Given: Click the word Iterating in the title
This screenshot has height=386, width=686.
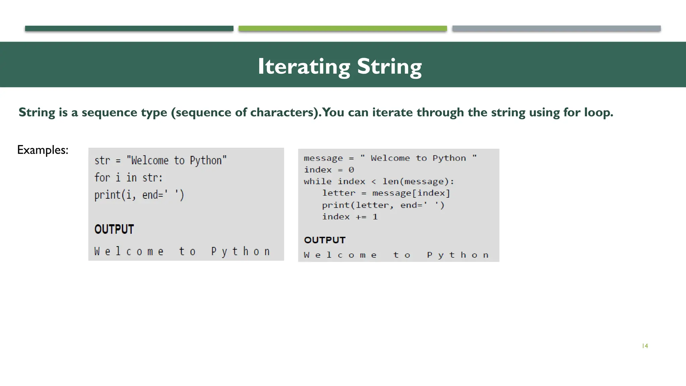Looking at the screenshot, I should coord(303,66).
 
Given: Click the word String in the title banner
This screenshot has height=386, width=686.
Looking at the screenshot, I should coord(389,66).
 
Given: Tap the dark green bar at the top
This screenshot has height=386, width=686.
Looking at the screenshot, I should coord(129,28).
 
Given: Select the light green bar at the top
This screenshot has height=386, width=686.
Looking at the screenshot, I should coord(342,28).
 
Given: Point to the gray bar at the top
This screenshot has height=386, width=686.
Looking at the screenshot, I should coord(556,28).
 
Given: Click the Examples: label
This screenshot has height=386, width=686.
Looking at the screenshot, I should coord(43,150).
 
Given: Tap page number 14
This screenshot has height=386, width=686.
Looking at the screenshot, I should coord(645,346).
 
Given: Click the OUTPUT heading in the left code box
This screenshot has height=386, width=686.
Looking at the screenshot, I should coord(114,230).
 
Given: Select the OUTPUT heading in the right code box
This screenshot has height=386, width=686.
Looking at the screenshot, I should coord(325,240).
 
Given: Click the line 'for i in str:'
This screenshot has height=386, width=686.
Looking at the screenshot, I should coord(128,178).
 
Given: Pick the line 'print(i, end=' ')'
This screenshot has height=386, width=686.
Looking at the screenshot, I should coord(139,195).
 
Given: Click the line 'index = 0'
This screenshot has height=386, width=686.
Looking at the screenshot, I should coord(329,170).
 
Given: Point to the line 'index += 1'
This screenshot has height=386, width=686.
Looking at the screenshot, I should coord(350,217).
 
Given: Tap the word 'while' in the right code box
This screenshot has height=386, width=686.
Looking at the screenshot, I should coord(318,182).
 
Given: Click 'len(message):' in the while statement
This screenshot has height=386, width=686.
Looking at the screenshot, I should coord(418,182).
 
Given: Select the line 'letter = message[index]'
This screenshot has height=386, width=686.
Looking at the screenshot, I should coord(386,193).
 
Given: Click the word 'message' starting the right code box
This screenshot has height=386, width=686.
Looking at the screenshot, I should coord(323,158).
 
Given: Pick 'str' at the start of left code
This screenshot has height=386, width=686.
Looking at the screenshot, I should coord(102,160).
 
